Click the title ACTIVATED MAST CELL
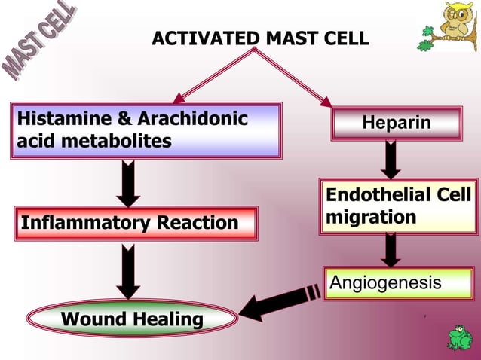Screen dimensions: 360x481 tap(260, 38)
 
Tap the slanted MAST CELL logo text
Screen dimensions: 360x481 tap(41, 42)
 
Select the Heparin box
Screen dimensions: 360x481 tap(397, 123)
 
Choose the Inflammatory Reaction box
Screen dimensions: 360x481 tap(130, 223)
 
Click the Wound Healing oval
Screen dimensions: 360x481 tap(132, 319)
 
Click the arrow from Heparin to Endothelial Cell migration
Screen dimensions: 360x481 tap(391, 159)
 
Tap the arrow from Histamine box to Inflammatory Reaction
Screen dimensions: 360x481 tap(128, 182)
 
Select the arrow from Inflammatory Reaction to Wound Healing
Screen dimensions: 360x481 tap(128, 273)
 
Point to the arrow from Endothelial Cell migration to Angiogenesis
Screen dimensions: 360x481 tap(390, 249)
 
